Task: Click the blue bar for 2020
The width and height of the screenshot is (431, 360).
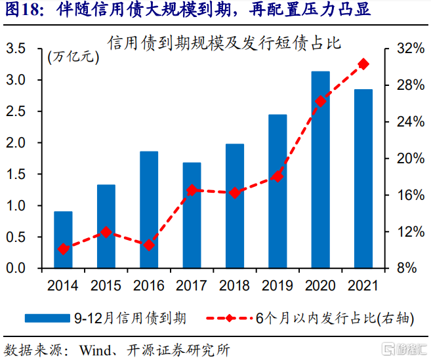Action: point(320,170)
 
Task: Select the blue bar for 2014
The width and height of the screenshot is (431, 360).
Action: point(63,240)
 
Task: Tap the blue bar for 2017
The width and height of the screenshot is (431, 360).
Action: point(192,216)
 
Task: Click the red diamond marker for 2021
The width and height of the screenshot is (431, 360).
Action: point(363,64)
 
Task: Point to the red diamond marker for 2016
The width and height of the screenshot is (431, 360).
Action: point(149,245)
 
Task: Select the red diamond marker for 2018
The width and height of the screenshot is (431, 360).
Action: point(235,193)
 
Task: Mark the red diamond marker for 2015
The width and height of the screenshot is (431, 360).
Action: point(106,232)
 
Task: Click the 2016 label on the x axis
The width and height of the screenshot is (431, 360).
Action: point(149,286)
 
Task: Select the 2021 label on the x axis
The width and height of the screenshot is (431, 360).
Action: point(363,286)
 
